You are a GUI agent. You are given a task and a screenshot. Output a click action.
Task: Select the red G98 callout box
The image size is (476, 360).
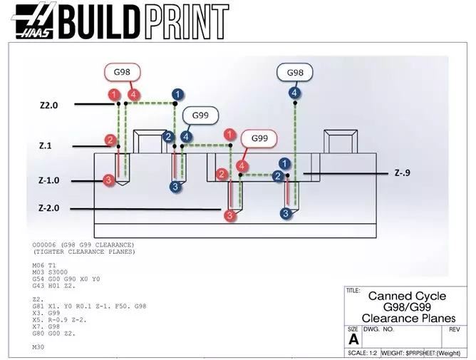tap(123, 72)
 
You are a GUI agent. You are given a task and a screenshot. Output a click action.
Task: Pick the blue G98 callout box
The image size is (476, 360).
tap(295, 73)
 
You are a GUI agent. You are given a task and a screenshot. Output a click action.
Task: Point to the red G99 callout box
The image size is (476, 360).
tap(259, 137)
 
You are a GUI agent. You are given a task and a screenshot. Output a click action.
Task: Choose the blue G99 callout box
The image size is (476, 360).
tap(200, 115)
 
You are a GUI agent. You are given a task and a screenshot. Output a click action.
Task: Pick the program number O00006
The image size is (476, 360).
tap(47, 245)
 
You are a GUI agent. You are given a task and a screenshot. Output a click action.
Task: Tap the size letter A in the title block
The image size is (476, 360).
tap(353, 339)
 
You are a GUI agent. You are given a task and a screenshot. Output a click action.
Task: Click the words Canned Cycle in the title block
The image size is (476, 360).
tap(407, 296)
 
